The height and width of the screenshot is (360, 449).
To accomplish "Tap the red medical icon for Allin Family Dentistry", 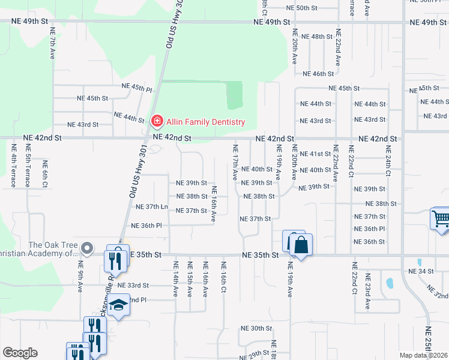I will (x=157, y=122).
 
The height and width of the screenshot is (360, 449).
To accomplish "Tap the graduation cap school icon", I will (x=119, y=306).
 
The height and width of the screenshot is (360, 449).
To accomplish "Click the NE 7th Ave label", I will (x=53, y=42).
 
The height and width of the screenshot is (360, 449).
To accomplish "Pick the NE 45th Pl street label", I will (x=137, y=88).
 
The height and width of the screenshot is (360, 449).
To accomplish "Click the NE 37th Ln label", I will (x=152, y=207).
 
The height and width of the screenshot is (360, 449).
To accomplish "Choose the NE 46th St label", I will (x=318, y=74).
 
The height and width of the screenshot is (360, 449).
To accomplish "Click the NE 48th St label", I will (x=317, y=37).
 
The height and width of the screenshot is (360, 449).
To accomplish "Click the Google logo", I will (x=20, y=353).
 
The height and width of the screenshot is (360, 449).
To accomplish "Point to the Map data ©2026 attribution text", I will (x=423, y=356).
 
